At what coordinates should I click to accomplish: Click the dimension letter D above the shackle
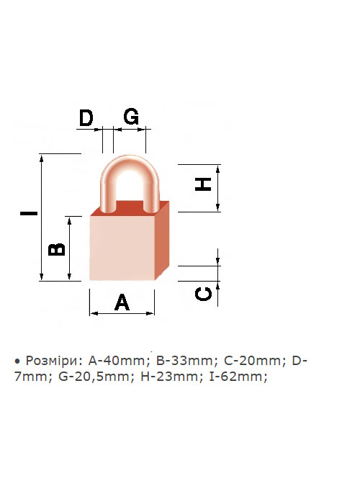[x=86, y=118]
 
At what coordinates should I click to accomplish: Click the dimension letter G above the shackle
[x=131, y=117]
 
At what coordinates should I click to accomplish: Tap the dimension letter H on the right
[x=203, y=184]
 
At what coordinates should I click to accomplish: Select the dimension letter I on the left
[x=29, y=213]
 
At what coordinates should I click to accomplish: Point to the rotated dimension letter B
[x=56, y=249]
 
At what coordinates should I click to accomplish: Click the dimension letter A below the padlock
[x=122, y=302]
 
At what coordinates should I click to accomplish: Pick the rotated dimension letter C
[x=203, y=294]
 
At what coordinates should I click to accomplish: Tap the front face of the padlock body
[x=122, y=248]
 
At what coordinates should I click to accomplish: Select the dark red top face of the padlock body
[x=130, y=208]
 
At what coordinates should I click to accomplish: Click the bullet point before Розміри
[x=17, y=361]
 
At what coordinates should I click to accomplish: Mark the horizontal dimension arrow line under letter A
[x=122, y=313]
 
